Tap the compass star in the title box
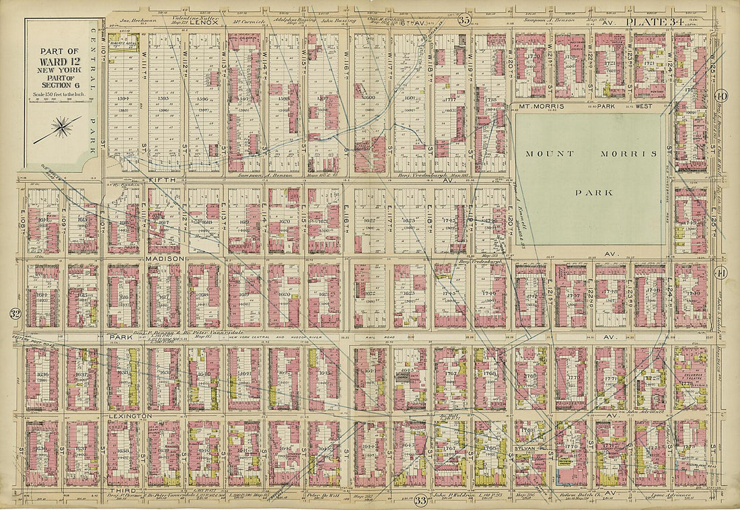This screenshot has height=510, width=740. [x=62, y=126]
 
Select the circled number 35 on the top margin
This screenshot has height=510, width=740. [x=464, y=20]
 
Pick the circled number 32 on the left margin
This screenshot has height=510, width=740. [x=14, y=313]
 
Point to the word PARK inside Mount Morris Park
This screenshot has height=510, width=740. [x=593, y=192]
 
